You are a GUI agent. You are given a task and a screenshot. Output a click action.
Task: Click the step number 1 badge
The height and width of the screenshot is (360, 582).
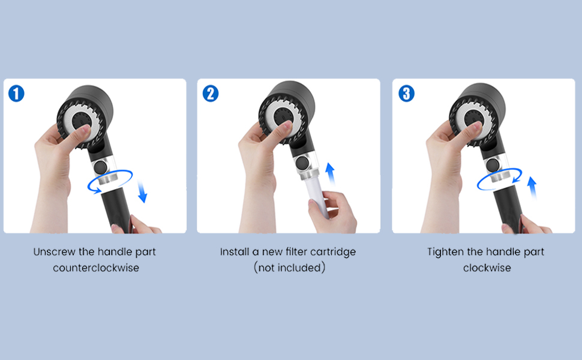point(16,94)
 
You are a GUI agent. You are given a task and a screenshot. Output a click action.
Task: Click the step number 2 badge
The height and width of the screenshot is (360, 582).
point(211,94)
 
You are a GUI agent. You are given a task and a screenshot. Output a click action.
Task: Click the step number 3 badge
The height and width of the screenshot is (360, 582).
point(406,94)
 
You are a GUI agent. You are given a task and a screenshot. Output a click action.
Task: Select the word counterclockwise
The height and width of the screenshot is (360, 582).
point(96,268)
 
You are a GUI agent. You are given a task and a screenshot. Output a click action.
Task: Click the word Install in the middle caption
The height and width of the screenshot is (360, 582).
point(235,252)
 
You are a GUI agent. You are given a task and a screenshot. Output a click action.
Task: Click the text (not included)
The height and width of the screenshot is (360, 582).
point(290,268)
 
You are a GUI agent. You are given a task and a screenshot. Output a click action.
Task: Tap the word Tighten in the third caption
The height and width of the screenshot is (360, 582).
point(445,253)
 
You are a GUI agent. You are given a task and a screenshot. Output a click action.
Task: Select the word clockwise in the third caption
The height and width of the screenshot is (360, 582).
point(487,268)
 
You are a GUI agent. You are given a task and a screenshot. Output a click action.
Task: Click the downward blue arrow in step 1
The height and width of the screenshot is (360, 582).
point(142,191)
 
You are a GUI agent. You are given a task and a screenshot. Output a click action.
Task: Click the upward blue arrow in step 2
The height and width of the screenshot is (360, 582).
point(329,174)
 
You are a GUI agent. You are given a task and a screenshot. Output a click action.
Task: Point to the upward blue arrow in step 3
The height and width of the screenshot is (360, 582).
point(532,188)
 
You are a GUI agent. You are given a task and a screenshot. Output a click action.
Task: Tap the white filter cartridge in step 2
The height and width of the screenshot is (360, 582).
point(317,197)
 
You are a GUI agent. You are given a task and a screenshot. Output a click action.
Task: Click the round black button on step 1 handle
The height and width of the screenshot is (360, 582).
point(101,167)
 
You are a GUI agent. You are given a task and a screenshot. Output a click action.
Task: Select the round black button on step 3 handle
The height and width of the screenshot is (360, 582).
point(493,164)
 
